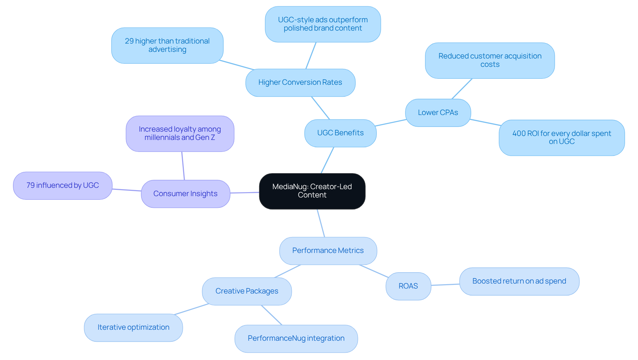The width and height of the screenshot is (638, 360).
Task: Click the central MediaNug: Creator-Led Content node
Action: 312,191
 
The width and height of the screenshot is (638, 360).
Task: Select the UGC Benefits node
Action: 340,133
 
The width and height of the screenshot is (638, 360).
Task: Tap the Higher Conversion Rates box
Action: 300,82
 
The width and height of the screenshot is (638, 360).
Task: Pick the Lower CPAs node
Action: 438,113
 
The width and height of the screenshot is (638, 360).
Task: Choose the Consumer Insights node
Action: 185,194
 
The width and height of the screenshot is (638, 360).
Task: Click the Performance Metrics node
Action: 328,251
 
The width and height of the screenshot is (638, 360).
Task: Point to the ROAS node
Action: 408,286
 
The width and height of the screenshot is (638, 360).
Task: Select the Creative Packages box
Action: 247,291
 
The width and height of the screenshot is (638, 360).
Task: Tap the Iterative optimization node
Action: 133,327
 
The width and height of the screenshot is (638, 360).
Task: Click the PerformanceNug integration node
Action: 296,338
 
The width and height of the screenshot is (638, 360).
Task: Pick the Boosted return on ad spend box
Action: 519,281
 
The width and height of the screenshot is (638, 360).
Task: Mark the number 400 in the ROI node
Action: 519,134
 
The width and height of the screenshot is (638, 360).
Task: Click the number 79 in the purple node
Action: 31,185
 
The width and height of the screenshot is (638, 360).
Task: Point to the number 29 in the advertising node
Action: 129,41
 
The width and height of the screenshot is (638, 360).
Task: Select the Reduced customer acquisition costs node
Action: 490,60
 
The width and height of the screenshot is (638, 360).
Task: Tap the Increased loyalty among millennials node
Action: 180,134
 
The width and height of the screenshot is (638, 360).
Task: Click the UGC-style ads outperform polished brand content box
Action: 323,24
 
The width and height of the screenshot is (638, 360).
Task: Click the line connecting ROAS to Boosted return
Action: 445,285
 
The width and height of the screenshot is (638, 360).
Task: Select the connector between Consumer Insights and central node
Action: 245,193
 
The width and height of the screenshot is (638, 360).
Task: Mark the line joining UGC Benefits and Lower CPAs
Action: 391,123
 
